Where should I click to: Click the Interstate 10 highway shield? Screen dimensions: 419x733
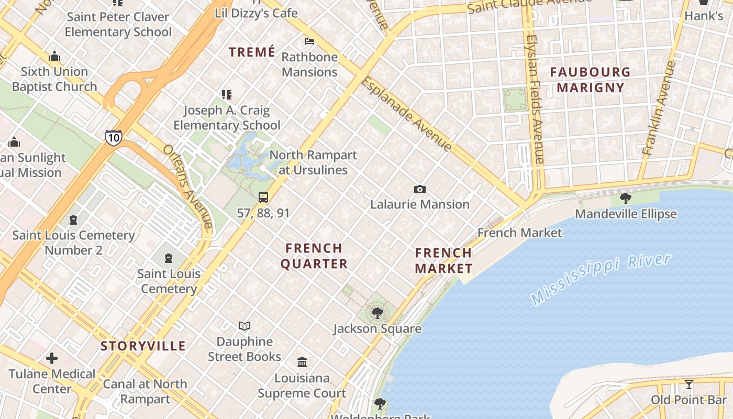[113, 137]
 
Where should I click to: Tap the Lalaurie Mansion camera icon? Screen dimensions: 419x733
[419, 190]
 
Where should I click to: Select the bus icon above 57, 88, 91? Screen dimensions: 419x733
[263, 197]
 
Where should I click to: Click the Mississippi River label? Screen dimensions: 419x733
[601, 279]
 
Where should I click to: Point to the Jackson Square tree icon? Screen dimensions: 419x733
[377, 313]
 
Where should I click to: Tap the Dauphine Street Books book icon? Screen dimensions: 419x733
[245, 326]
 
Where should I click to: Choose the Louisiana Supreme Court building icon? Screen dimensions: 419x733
[302, 362]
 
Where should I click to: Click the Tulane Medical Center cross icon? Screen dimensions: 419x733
[52, 359]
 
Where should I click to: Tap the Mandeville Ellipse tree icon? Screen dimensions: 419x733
[625, 199]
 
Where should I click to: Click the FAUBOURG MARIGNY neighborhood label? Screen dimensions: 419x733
[591, 80]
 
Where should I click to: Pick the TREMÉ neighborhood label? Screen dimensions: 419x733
[252, 52]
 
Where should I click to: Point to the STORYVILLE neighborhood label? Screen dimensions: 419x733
[143, 346]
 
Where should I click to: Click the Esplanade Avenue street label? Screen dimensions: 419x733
[406, 114]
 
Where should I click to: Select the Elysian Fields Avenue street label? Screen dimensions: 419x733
[535, 100]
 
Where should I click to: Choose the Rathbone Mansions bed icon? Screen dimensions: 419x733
[309, 41]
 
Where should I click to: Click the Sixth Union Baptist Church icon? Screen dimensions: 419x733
[54, 57]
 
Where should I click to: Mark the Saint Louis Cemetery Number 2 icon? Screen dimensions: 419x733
[73, 220]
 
